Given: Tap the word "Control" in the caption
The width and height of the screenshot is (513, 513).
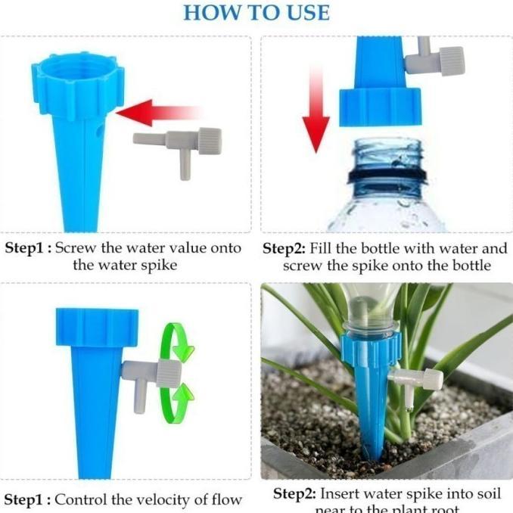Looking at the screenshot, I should tap(83, 499).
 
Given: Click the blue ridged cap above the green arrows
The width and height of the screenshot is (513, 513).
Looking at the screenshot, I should tap(97, 327).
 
